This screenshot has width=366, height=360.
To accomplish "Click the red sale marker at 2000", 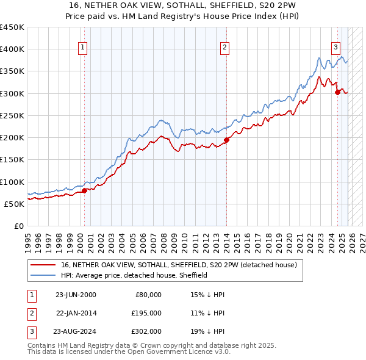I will pyautogui.click(x=84, y=190).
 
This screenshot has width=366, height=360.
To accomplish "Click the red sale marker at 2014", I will pyautogui.click(x=226, y=140).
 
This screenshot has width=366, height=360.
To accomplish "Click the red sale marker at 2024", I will pyautogui.click(x=337, y=93).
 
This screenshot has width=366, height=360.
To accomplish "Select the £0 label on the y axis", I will pyautogui.click(x=18, y=226).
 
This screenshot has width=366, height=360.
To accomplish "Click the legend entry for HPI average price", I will pyautogui.click(x=134, y=275).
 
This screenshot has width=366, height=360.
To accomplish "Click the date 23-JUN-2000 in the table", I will pyautogui.click(x=76, y=295).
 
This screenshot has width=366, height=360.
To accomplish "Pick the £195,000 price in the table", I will pyautogui.click(x=146, y=313).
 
